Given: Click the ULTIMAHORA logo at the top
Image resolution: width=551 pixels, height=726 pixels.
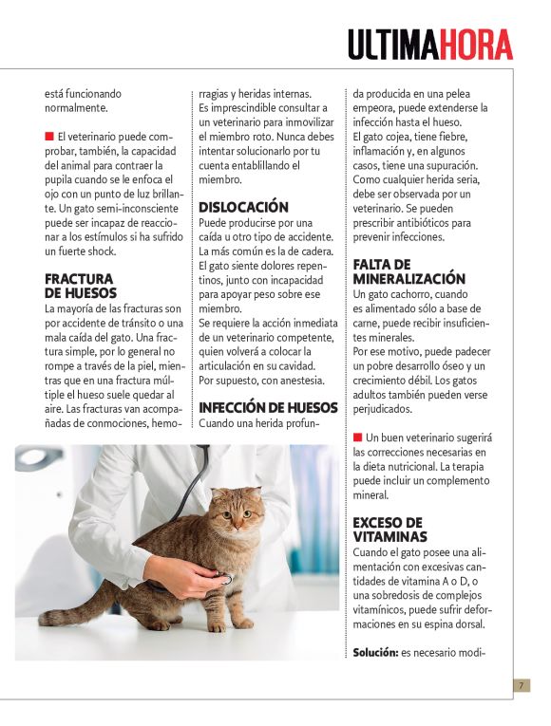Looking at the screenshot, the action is pyautogui.click(x=429, y=45).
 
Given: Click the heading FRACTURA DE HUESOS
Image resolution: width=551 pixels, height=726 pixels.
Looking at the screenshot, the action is pyautogui.click(x=80, y=286).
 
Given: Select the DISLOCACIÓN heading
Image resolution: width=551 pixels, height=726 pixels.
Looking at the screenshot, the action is pyautogui.click(x=243, y=207).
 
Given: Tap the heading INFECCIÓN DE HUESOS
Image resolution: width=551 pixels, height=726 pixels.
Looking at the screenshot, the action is pyautogui.click(x=268, y=408).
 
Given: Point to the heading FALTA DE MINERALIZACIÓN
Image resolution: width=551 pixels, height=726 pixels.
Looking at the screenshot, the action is pyautogui.click(x=408, y=271).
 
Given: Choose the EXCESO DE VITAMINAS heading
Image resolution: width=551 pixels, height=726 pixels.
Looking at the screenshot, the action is pyautogui.click(x=389, y=530).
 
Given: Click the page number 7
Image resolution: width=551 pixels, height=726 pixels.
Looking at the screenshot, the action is pyautogui.click(x=522, y=685).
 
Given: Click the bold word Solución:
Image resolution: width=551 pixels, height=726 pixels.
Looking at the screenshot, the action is pyautogui.click(x=377, y=653).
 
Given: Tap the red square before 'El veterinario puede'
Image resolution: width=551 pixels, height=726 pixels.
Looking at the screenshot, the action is pyautogui.click(x=49, y=136).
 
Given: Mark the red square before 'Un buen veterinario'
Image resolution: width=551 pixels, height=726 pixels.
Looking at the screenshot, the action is pyautogui.click(x=357, y=437).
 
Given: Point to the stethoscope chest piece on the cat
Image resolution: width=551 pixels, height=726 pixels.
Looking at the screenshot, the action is pyautogui.click(x=224, y=578).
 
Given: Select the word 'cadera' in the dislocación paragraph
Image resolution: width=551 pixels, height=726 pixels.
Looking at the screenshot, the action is pyautogui.click(x=313, y=251).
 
